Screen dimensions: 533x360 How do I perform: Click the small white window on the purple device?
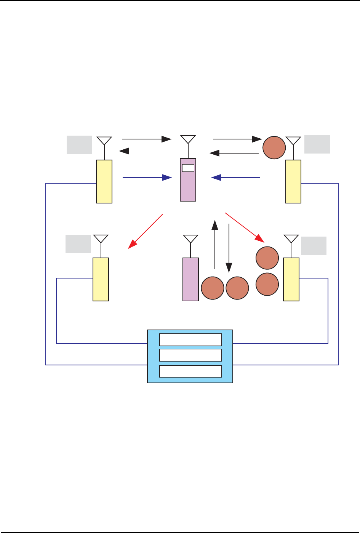coord(188,168)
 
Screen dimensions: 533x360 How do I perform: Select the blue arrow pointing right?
coord(147,178)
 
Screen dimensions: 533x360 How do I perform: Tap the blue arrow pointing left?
coord(236,178)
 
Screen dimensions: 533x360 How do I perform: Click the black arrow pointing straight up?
coord(215,244)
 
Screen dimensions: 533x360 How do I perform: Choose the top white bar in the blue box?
coord(190,339)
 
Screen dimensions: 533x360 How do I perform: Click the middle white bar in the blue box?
coord(190,355)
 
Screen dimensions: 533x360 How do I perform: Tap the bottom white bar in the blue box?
coord(190,371)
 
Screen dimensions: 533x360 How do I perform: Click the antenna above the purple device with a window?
coord(187,139)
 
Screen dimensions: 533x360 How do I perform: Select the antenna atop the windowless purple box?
coord(190,239)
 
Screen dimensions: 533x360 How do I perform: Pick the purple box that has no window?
coord(190,279)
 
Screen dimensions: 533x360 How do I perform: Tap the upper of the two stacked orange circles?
coord(267,258)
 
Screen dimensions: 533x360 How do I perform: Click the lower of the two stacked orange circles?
coord(267,284)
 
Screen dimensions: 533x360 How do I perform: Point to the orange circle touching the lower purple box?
coord(213,288)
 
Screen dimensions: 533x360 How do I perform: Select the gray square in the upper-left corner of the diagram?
coord(79,144)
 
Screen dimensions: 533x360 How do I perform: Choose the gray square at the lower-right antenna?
coord(314,245)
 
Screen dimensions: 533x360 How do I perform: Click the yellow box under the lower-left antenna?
coord(101,279)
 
